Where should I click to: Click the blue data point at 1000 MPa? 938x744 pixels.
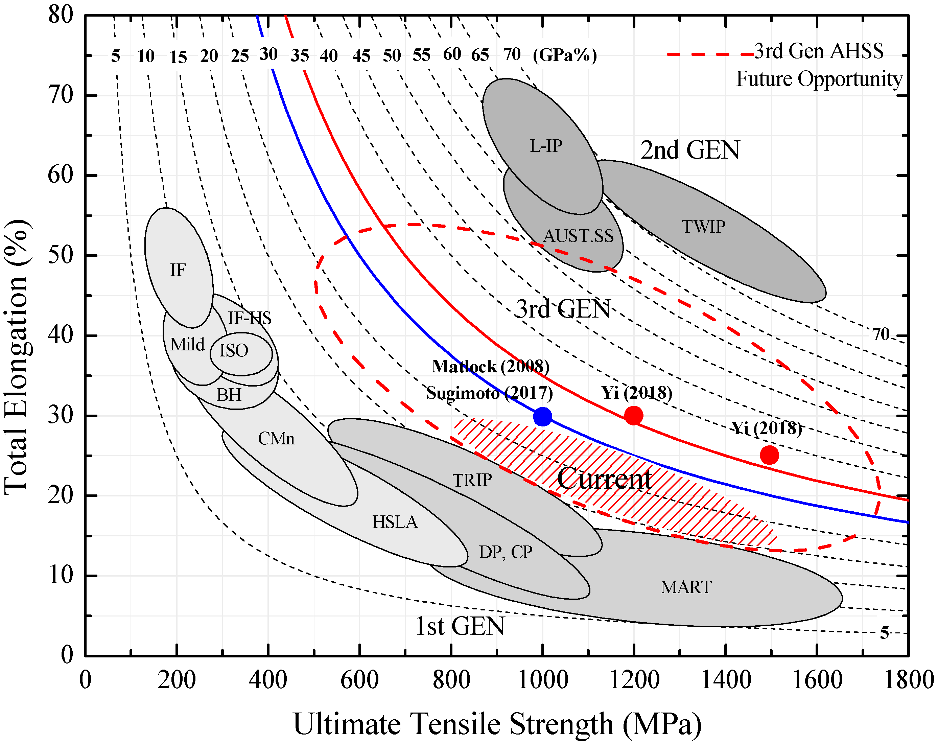(542, 416)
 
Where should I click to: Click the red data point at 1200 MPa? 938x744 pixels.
(633, 416)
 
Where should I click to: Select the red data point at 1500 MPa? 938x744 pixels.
(769, 455)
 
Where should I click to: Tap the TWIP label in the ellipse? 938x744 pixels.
(703, 227)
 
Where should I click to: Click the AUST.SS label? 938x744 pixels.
(578, 236)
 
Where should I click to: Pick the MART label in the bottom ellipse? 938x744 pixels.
(686, 587)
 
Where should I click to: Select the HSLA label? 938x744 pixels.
(395, 522)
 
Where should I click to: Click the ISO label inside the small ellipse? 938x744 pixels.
(234, 350)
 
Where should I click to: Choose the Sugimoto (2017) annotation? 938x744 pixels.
(489, 393)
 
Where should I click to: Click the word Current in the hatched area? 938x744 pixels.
(604, 479)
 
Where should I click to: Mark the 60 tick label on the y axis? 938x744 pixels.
(61, 175)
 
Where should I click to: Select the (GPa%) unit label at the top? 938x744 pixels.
(565, 55)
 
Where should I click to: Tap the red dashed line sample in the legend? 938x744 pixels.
(710, 54)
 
